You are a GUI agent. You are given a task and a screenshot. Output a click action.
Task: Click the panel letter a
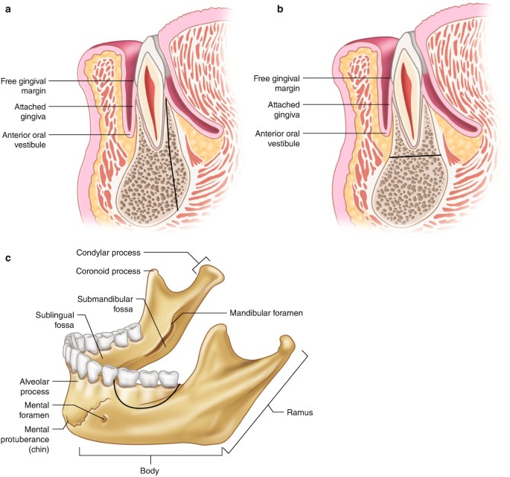click(9, 10)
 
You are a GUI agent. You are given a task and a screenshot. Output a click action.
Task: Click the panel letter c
click(8, 258)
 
